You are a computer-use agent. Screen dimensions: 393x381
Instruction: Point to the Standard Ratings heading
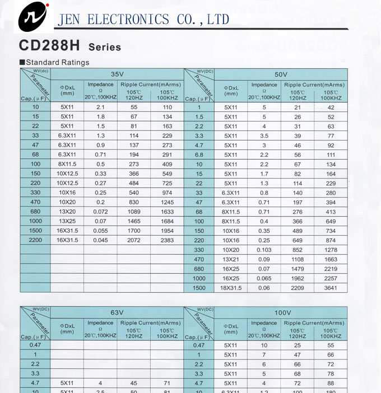point(57,62)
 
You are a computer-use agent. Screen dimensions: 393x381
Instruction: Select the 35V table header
point(117,74)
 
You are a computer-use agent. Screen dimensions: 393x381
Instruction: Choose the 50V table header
point(281,74)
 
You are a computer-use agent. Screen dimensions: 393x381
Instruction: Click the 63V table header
point(117,312)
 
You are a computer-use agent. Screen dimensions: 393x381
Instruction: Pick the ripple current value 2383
point(168,240)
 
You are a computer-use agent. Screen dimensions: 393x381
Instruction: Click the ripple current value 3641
point(331,288)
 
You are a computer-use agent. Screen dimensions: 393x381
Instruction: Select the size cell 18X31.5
point(231,288)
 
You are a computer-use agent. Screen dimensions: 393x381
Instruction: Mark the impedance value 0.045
point(101,240)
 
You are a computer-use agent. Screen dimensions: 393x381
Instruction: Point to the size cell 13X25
point(67,221)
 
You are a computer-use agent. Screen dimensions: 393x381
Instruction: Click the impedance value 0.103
point(264,250)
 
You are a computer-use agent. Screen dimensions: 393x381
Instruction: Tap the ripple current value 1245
point(168,202)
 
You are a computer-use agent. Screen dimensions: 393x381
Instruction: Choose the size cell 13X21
point(231,259)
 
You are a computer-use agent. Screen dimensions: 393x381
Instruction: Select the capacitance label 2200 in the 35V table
point(36,240)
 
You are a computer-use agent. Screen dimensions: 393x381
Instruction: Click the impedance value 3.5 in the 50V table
point(264,135)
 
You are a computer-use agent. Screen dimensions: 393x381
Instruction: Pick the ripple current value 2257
point(331,278)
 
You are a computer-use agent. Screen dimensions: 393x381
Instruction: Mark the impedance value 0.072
point(101,212)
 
